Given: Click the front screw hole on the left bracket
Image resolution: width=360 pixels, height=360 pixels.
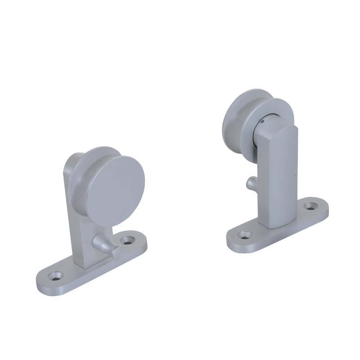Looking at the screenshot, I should tap(56, 275).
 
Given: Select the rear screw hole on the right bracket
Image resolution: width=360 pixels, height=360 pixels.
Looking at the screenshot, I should tap(309, 206).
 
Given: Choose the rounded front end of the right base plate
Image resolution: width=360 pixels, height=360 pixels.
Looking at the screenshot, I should tap(234, 241).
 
